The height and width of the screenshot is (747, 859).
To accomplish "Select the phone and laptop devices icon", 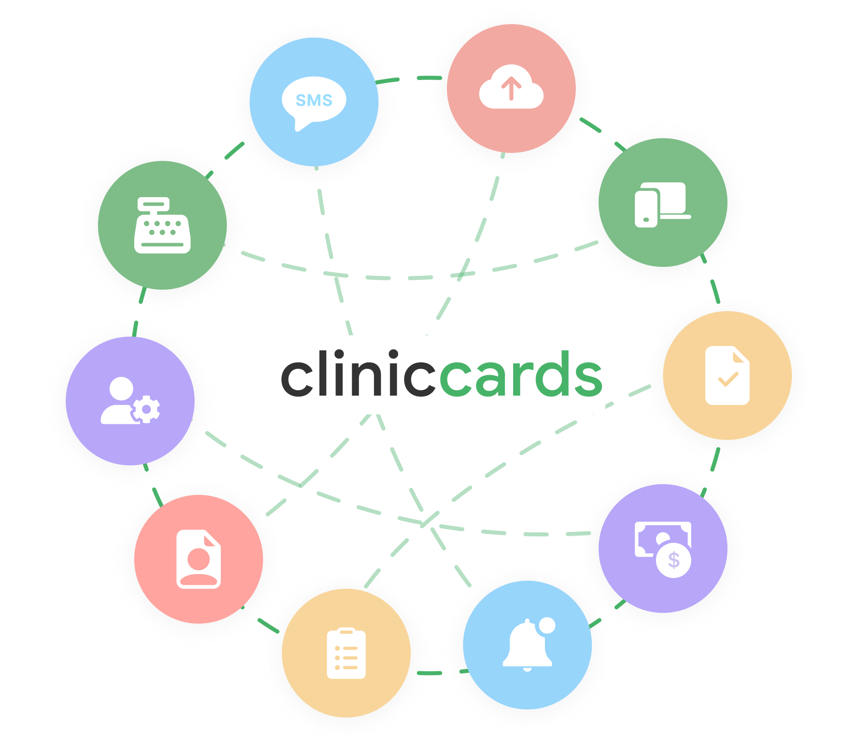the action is pyautogui.click(x=663, y=204).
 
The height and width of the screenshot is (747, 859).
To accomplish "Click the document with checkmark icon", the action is pyautogui.click(x=727, y=376).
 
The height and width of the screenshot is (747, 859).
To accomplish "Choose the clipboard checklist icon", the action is pyautogui.click(x=346, y=653).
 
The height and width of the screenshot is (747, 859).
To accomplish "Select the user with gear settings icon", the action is pyautogui.click(x=130, y=401).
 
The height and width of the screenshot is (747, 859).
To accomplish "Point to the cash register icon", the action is pyautogui.click(x=162, y=225).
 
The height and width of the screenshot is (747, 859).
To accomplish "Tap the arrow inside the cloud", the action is pyautogui.click(x=511, y=88).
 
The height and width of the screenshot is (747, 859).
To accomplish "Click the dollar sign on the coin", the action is pyautogui.click(x=673, y=560).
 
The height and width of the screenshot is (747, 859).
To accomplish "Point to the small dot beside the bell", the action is pyautogui.click(x=547, y=625).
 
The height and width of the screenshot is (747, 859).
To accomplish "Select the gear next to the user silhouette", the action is pyautogui.click(x=146, y=409).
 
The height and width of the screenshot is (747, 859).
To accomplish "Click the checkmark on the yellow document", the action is pyautogui.click(x=728, y=380).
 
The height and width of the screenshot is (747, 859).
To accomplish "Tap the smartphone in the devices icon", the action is pyautogui.click(x=646, y=208).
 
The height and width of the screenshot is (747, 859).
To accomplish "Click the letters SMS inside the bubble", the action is pyautogui.click(x=314, y=100).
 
